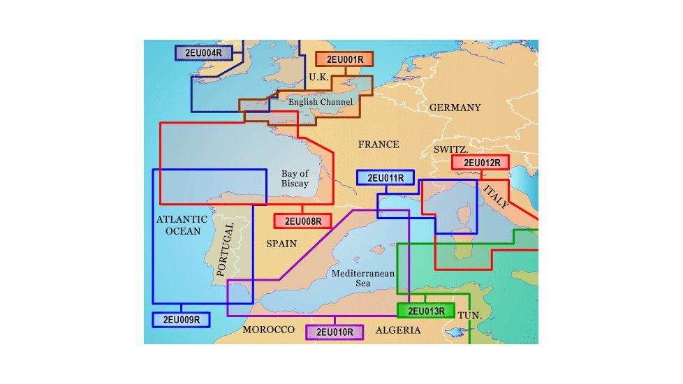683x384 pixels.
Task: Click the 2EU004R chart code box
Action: click(203, 53)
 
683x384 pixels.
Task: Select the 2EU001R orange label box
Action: click(344, 59)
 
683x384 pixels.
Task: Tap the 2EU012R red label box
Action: click(480, 163)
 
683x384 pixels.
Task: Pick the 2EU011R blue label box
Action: click(385, 177)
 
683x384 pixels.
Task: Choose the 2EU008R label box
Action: click(302, 221)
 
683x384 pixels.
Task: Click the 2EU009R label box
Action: click(181, 320)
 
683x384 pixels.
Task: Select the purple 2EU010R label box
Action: click(335, 332)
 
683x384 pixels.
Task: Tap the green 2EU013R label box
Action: click(425, 311)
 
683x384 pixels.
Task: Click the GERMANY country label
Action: click(455, 108)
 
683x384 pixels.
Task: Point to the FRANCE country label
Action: click(379, 145)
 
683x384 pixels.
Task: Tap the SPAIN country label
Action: click(281, 244)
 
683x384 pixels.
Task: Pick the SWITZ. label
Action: click(451, 150)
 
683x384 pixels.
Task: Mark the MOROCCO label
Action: click(268, 330)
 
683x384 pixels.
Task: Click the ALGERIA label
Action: click(398, 330)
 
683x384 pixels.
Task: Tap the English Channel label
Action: click(321, 102)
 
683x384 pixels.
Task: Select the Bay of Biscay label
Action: click(295, 179)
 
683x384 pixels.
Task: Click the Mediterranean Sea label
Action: click(363, 279)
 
